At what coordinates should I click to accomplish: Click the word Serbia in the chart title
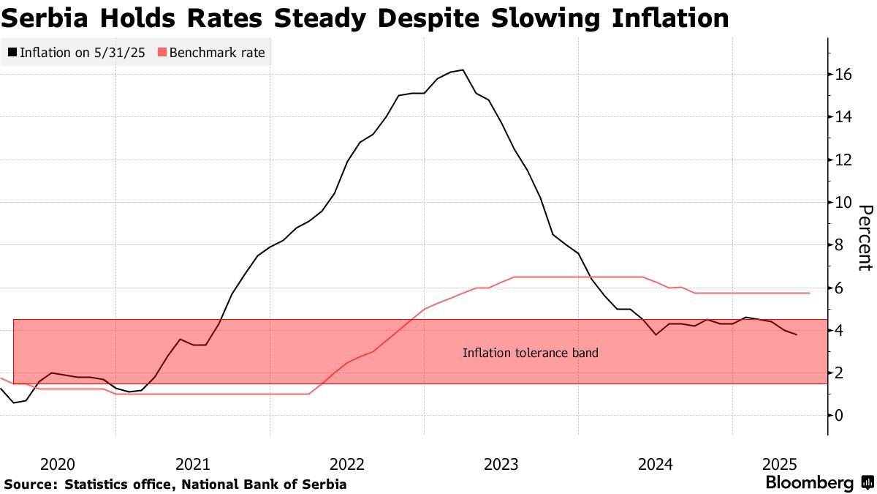tap(45, 18)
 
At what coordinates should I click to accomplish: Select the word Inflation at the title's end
tap(670, 18)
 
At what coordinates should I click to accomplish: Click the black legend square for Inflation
tap(12, 52)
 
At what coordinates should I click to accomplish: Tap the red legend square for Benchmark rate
tap(162, 52)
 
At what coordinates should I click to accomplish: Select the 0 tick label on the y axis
tap(838, 416)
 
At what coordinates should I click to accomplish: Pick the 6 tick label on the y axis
tap(838, 288)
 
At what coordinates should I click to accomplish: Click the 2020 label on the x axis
tap(58, 465)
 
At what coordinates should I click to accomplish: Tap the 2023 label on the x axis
tap(501, 465)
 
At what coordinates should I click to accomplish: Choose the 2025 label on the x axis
tap(780, 465)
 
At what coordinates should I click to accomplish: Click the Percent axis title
tap(865, 238)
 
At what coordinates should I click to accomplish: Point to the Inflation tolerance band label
tap(531, 353)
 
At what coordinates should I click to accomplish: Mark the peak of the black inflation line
tap(463, 70)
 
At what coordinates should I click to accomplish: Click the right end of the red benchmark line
tap(809, 293)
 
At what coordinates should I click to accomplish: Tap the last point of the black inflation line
tap(797, 334)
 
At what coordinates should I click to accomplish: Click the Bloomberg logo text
tap(810, 482)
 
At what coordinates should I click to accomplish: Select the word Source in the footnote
tap(29, 484)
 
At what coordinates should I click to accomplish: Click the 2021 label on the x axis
tap(193, 465)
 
